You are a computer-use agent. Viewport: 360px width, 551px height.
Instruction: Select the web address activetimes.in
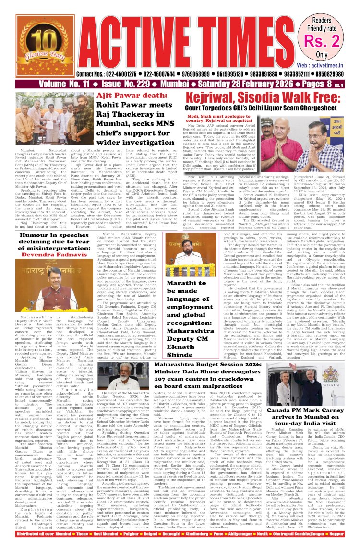[x=327, y=64]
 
